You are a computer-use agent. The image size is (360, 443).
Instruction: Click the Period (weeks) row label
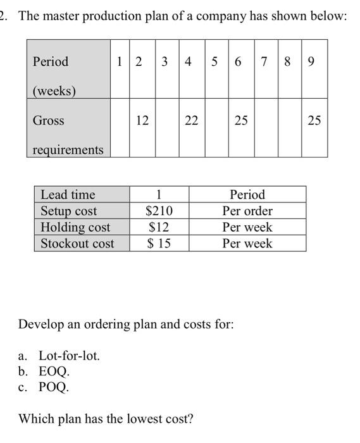(54, 76)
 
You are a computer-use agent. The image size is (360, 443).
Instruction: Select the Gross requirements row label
(68, 134)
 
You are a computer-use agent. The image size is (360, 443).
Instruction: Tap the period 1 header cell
(119, 62)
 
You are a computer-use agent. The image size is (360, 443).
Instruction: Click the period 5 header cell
(215, 62)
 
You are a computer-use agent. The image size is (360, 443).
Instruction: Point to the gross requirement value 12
(142, 120)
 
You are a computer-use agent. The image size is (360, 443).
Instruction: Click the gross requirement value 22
(191, 120)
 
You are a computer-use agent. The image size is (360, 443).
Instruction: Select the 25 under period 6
(240, 120)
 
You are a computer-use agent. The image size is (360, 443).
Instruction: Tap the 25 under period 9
(314, 120)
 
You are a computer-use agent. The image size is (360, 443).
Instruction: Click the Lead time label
(68, 194)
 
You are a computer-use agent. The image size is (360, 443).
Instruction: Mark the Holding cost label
(75, 227)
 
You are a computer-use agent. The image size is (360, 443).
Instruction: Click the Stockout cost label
(77, 244)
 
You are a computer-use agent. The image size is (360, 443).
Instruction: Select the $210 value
(159, 211)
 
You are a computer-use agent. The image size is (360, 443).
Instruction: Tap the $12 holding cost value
(159, 227)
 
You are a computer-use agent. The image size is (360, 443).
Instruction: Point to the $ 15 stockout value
(159, 244)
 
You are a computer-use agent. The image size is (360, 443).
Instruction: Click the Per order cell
(247, 211)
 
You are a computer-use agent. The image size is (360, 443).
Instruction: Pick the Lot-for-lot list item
(69, 356)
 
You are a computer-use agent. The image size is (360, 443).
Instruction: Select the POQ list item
(54, 387)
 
